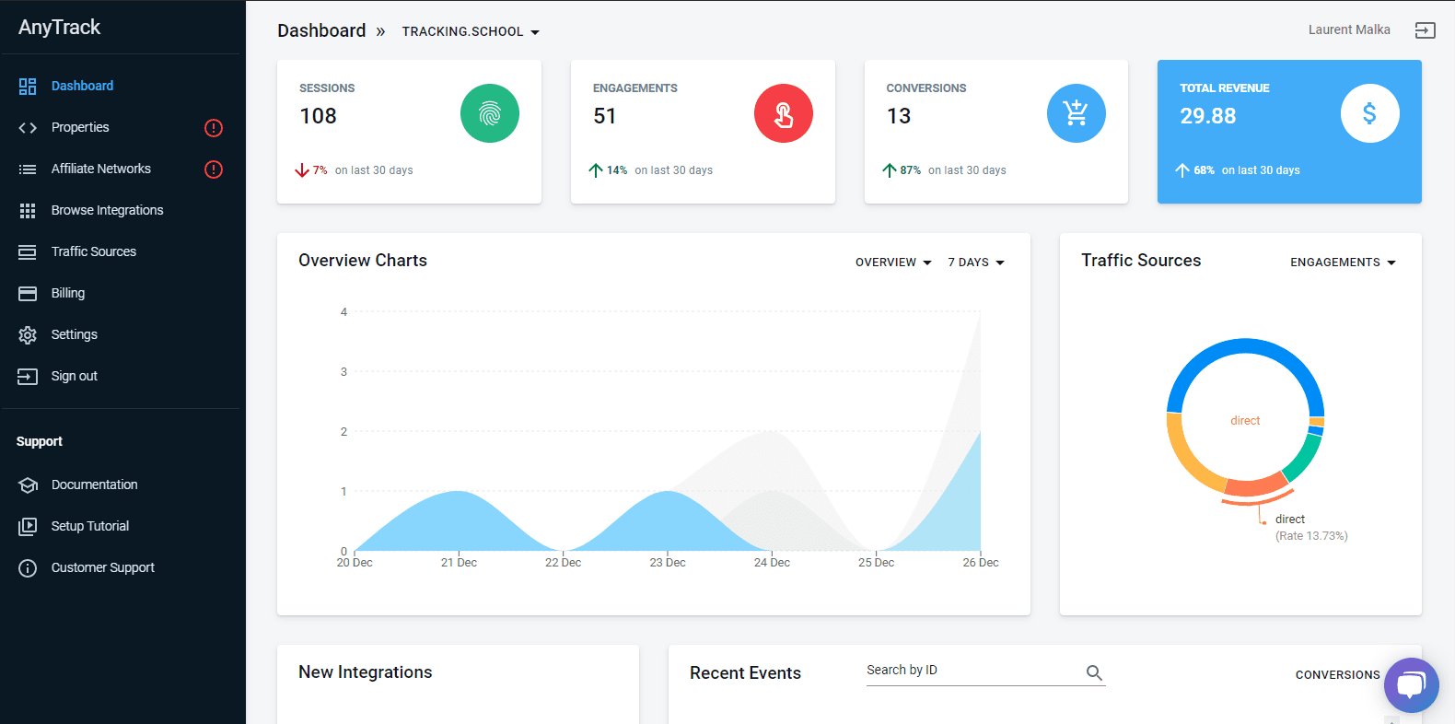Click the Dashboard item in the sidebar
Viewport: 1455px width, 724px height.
82,86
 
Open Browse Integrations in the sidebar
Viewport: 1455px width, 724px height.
107,210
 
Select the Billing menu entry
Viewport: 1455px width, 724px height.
67,293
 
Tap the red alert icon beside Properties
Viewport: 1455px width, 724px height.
214,128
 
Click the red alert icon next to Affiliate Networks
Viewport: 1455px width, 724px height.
214,169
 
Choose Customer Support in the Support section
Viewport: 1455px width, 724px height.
102,567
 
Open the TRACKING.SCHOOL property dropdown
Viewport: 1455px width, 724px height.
471,31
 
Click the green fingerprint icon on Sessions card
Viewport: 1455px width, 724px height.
490,113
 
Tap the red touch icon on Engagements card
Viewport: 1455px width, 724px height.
784,113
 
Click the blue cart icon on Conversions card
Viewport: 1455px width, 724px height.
1077,113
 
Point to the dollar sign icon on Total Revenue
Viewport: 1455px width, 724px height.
1370,113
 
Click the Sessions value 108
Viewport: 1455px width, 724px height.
319,116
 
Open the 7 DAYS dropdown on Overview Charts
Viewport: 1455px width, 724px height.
976,263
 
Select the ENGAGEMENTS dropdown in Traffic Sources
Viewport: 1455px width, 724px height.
1343,263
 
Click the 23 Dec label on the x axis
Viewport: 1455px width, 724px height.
668,563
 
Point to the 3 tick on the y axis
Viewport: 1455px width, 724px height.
344,372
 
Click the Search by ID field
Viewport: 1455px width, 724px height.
972,671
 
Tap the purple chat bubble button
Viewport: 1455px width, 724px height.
1411,685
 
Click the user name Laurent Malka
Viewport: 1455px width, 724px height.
1349,29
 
